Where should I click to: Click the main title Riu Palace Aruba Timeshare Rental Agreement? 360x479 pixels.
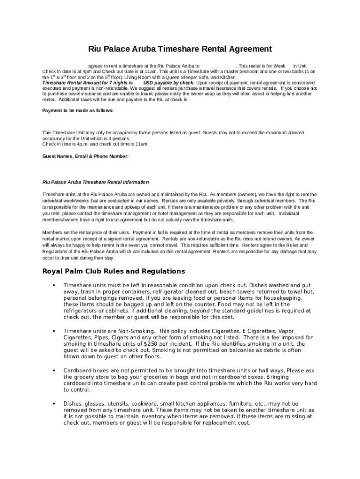pyautogui.click(x=180, y=49)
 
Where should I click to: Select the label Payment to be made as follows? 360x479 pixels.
pyautogui.click(x=78, y=111)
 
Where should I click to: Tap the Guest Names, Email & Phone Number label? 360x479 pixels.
pyautogui.click(x=86, y=156)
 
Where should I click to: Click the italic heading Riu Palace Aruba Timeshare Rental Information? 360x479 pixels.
pyautogui.click(x=95, y=182)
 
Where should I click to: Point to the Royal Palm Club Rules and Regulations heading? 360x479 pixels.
pyautogui.click(x=114, y=271)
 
